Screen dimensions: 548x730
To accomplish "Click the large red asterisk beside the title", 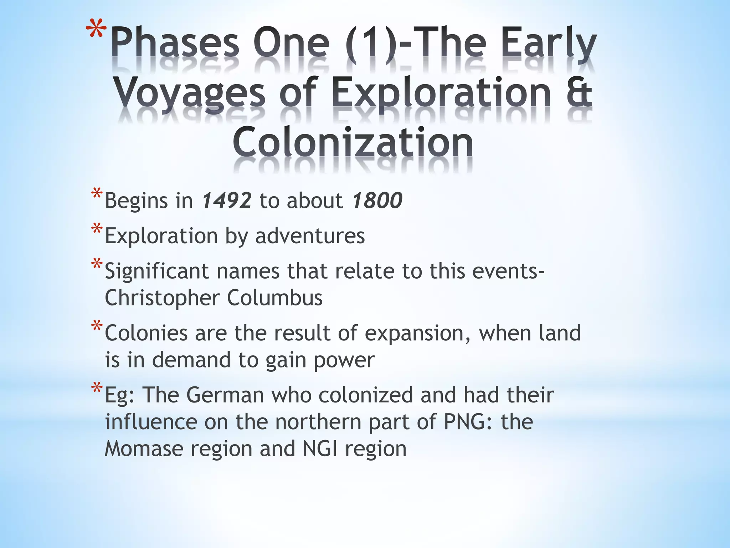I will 96,30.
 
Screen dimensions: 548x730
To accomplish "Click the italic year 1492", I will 227,201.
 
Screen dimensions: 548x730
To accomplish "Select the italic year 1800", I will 377,201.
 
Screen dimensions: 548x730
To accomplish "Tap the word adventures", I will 310,236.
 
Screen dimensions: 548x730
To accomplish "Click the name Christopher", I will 162,298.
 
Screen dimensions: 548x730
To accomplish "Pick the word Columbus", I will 275,298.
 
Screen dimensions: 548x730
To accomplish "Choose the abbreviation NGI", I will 320,448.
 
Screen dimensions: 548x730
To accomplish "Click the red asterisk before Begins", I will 97,194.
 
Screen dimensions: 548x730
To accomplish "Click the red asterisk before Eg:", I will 97,388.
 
